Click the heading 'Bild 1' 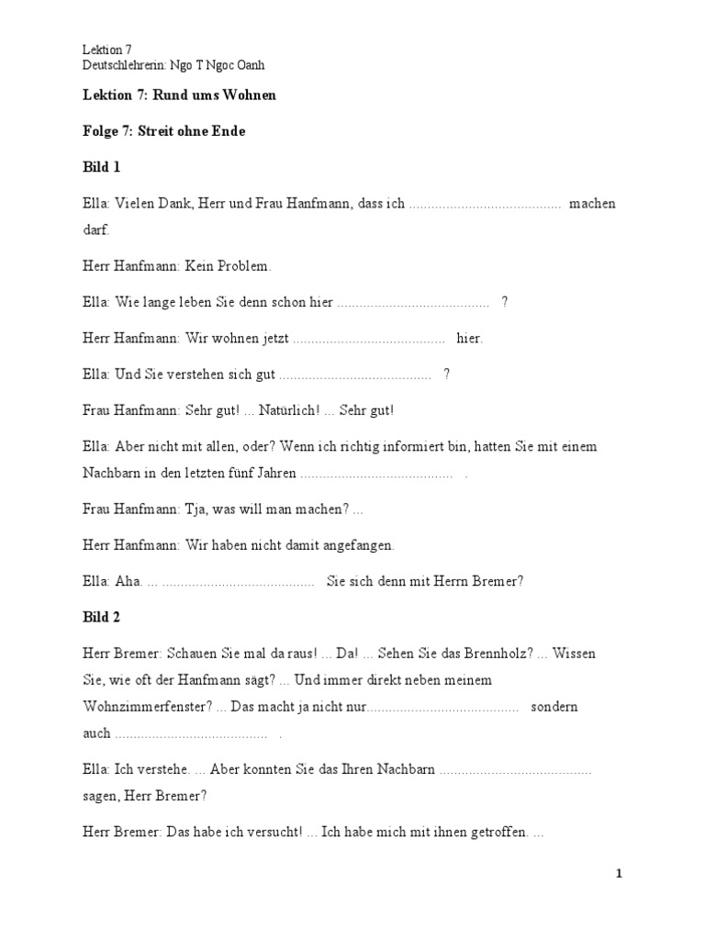pos(101,168)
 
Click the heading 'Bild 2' pos(101,616)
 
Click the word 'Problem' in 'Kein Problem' pos(243,266)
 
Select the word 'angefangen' pos(359,545)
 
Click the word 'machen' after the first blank pos(592,204)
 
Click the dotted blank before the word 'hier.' pos(369,339)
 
